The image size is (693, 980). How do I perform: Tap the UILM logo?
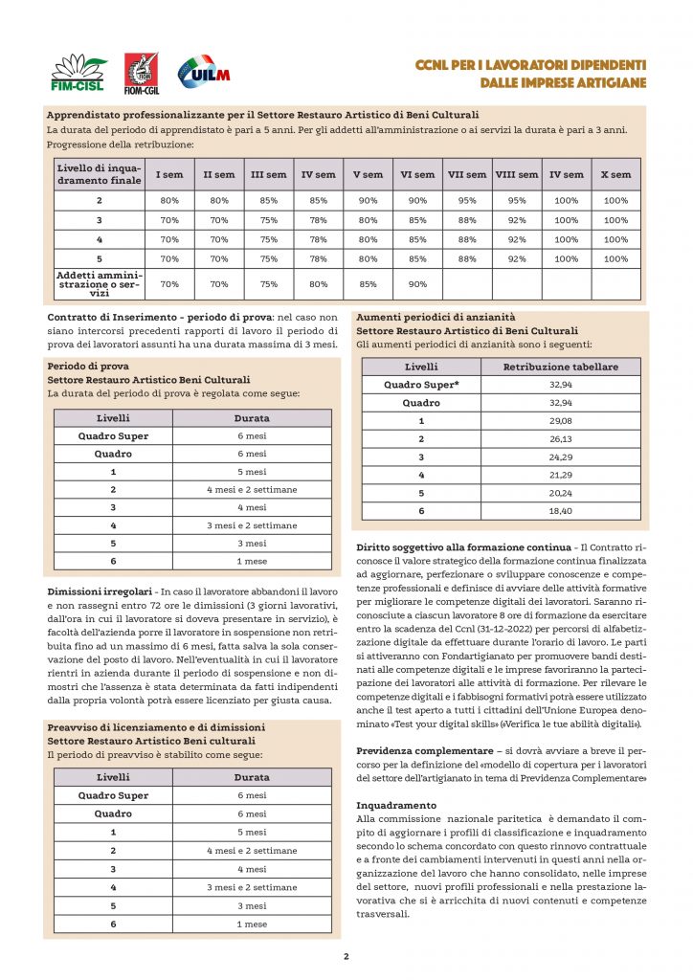click(203, 73)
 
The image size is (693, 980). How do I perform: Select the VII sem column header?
click(467, 175)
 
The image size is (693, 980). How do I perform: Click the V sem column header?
click(369, 175)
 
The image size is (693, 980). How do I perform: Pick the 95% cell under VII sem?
click(467, 201)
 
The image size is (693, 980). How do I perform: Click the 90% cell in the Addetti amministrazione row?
click(417, 284)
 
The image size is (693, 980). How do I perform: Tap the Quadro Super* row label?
click(421, 384)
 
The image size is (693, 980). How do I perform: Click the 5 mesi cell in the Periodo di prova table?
click(252, 472)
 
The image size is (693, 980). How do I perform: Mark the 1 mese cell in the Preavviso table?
click(252, 924)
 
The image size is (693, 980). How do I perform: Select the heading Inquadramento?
click(396, 806)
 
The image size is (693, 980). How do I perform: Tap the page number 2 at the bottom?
click(346, 956)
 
